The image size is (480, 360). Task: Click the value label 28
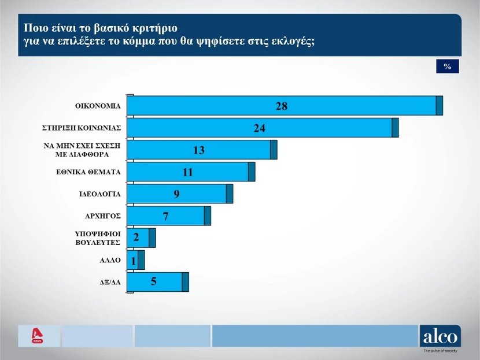(281, 106)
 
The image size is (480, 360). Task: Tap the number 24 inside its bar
(259, 128)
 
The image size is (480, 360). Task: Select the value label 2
(136, 237)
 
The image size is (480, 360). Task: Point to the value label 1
(134, 260)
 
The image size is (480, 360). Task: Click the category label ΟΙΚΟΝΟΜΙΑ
(98, 106)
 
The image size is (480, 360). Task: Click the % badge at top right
(447, 66)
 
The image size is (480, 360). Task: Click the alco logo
(440, 336)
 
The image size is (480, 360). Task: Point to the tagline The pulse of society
(441, 351)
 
